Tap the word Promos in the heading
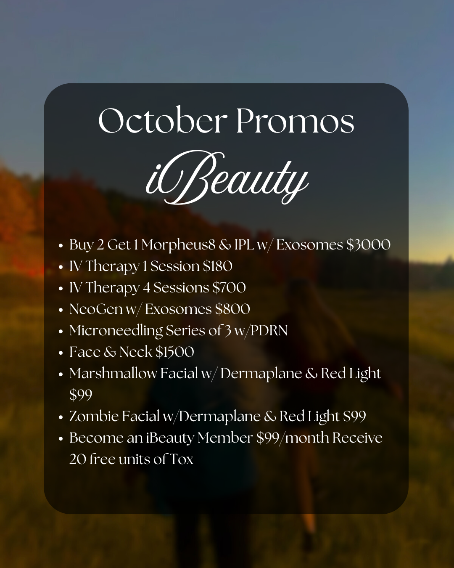(295, 121)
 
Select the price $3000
(368, 245)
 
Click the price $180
(217, 266)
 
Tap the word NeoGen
(96, 309)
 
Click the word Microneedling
(116, 331)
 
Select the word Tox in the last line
(181, 459)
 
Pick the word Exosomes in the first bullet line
(309, 245)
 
